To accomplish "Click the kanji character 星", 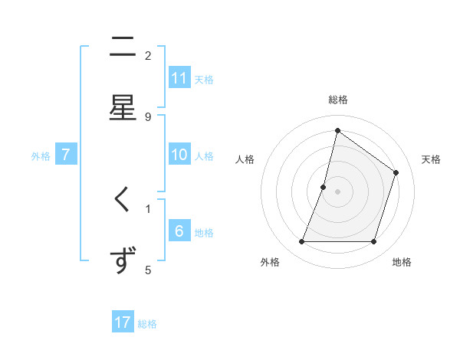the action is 123,108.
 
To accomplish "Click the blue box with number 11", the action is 179,78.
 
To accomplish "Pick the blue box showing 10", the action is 179,155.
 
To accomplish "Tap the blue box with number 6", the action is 179,231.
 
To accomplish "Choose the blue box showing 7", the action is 66,155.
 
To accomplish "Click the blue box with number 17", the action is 123,322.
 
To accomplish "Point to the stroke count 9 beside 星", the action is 148,116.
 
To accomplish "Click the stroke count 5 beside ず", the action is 148,270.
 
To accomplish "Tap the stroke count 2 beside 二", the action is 148,55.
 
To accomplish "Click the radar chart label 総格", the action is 337,100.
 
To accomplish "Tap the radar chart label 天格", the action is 431,159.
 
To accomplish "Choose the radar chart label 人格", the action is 245,159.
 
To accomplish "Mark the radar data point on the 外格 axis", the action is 301,242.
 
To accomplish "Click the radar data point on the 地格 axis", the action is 373,242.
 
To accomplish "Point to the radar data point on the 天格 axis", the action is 396,172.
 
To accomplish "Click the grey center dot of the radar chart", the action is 337,191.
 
